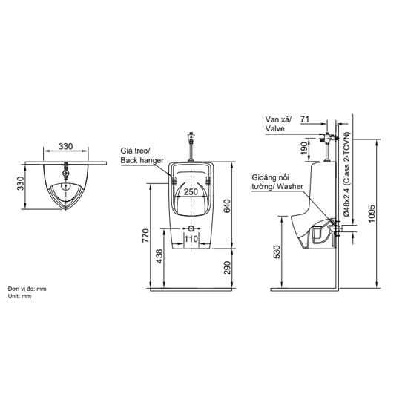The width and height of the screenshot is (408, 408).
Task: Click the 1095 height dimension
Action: click(372, 214)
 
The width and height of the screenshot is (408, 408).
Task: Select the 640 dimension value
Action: click(227, 205)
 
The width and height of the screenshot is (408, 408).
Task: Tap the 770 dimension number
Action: click(145, 235)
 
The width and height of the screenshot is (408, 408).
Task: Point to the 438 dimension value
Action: click(159, 256)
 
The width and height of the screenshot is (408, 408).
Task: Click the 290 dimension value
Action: click(227, 268)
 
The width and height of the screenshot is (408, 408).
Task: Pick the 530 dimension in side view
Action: click(277, 251)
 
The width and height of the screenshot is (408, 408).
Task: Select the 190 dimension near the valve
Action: click(304, 148)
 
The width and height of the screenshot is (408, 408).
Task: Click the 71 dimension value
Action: click(305, 119)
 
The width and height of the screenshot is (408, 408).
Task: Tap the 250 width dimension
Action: click(191, 192)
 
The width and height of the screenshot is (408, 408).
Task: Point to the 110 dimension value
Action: click(191, 239)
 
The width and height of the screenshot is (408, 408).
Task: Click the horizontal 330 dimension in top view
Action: click(65, 146)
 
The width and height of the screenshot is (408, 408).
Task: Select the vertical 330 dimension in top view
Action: click(20, 183)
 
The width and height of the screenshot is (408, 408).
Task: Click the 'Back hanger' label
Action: click(142, 160)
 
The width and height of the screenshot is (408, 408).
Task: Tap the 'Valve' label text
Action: click(274, 128)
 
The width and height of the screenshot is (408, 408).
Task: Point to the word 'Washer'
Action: click(290, 186)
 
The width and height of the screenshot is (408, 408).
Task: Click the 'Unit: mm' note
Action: click(19, 296)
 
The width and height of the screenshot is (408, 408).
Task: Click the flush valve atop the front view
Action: click(191, 138)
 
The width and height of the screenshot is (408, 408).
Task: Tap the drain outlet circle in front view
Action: click(191, 228)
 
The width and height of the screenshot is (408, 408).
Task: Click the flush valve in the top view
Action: click(66, 173)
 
